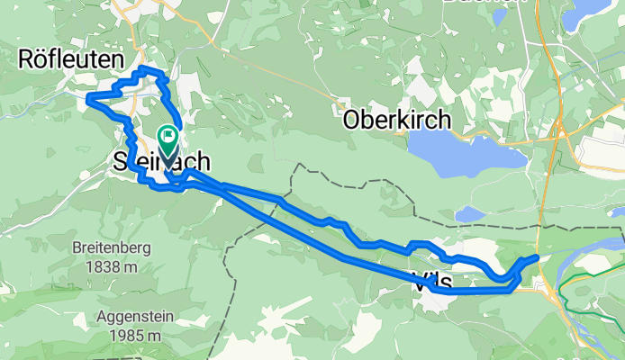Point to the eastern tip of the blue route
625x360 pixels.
click(x=537, y=257)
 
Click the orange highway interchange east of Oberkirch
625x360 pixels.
click(x=560, y=129)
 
